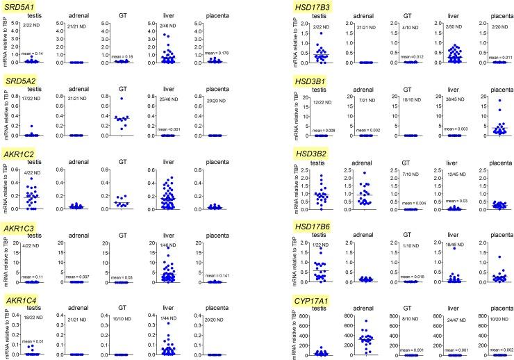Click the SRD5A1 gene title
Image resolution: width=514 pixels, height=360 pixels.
pyautogui.click(x=22, y=7)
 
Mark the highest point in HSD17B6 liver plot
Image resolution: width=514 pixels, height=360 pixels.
pyautogui.click(x=453, y=248)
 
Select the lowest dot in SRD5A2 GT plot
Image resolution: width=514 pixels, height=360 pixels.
pyautogui.click(x=122, y=129)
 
